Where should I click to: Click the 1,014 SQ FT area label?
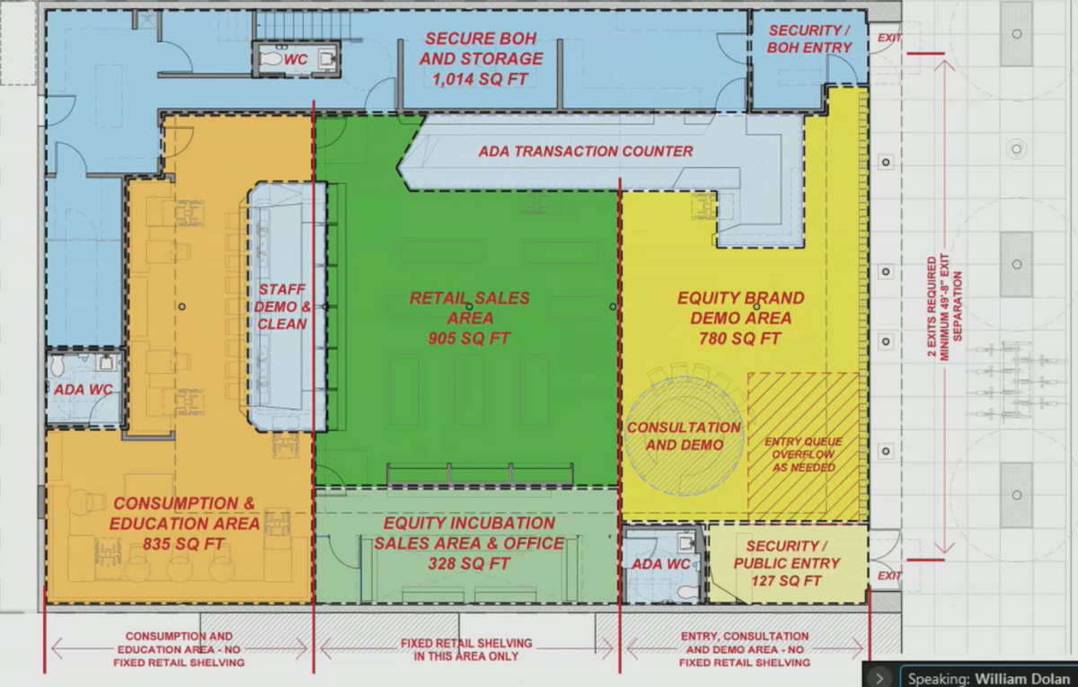(x=480, y=79)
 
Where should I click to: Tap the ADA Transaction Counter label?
(x=586, y=152)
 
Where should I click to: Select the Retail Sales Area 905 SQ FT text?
(x=469, y=318)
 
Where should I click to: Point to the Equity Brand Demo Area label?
(x=740, y=318)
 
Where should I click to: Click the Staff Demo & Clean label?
(x=282, y=307)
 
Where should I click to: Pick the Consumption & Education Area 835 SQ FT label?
(x=184, y=524)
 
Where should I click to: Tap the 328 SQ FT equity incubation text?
(x=469, y=563)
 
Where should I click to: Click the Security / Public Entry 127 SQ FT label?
(x=787, y=563)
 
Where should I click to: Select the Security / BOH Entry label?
(x=809, y=39)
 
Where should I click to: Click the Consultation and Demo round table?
(x=685, y=436)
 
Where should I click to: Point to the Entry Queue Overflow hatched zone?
(x=803, y=446)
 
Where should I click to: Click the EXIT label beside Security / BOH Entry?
(x=888, y=38)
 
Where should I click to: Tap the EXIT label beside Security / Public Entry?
(x=888, y=576)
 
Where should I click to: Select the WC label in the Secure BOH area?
(x=296, y=59)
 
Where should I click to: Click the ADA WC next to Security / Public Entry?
(x=661, y=564)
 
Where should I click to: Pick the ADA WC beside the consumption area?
(x=83, y=390)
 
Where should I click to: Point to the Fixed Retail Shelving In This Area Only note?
(x=466, y=650)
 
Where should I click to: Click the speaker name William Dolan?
(x=1021, y=679)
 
